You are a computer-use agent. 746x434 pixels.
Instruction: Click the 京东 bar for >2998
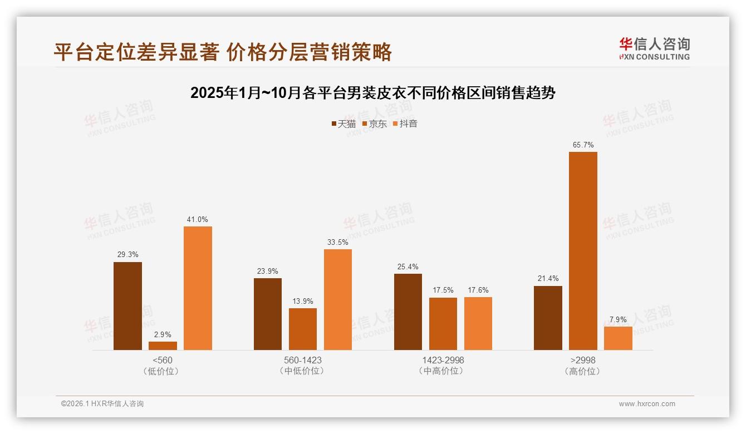[583, 251]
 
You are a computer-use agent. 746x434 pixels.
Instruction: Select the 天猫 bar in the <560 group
[127, 306]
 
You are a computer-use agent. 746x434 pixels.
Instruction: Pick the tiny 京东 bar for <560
[163, 346]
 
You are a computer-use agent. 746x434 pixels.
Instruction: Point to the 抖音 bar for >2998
[618, 338]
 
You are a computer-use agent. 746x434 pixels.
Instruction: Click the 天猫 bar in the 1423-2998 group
[408, 312]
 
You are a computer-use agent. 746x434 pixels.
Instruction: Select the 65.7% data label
[583, 145]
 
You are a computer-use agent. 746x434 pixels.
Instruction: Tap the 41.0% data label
[198, 220]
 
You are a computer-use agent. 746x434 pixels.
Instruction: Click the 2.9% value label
[163, 335]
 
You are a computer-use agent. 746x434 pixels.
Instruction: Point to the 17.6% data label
[478, 290]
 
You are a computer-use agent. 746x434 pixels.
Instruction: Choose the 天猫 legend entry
[343, 124]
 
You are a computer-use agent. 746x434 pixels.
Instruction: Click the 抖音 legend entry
[405, 124]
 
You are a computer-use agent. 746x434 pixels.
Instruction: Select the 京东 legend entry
[374, 124]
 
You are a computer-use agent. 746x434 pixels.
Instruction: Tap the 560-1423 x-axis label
[302, 360]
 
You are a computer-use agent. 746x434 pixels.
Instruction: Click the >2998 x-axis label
[583, 360]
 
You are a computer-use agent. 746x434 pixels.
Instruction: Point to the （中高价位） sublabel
[443, 371]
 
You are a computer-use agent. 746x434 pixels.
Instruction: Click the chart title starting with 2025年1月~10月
[373, 93]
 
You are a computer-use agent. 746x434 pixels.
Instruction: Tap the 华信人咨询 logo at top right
[655, 48]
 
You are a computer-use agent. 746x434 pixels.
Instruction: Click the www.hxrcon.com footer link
[647, 404]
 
